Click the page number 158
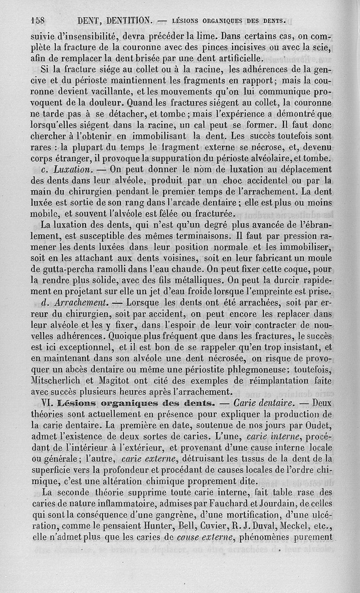(x=39, y=20)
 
